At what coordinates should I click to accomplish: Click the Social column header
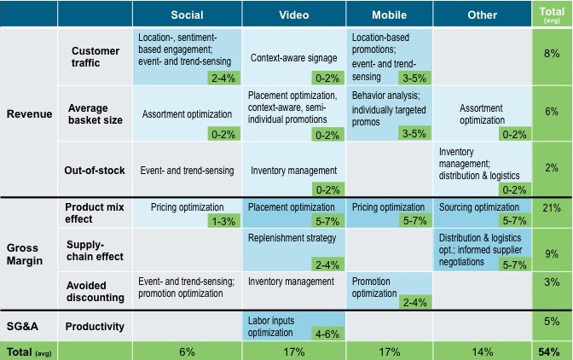pyautogui.click(x=187, y=15)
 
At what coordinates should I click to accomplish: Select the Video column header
pyautogui.click(x=294, y=15)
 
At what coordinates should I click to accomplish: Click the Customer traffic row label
pyautogui.click(x=95, y=57)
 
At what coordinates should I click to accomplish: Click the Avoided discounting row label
pyautogui.click(x=95, y=292)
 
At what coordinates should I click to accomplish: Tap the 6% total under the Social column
pyautogui.click(x=187, y=351)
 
